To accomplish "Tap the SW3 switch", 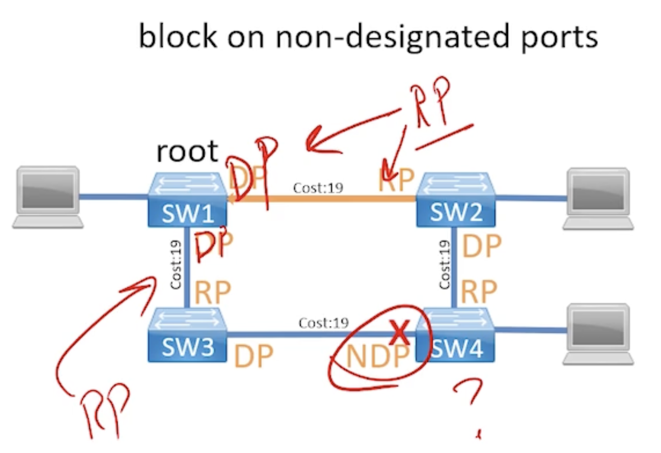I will click(x=187, y=335).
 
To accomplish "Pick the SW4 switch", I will click(x=456, y=335).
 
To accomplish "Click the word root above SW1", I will click(x=187, y=151).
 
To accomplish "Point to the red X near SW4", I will click(x=400, y=332).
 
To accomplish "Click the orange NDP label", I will click(x=377, y=356).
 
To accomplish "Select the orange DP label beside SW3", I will click(x=253, y=356).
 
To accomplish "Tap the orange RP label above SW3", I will click(x=212, y=293).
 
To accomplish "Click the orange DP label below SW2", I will click(x=482, y=246).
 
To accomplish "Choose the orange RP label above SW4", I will click(x=479, y=292).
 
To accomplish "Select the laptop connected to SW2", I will click(x=598, y=199).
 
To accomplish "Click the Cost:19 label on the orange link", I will click(x=318, y=188).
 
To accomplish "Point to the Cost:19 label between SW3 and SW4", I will click(x=324, y=323).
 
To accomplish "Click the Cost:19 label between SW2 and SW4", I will click(x=444, y=265).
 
